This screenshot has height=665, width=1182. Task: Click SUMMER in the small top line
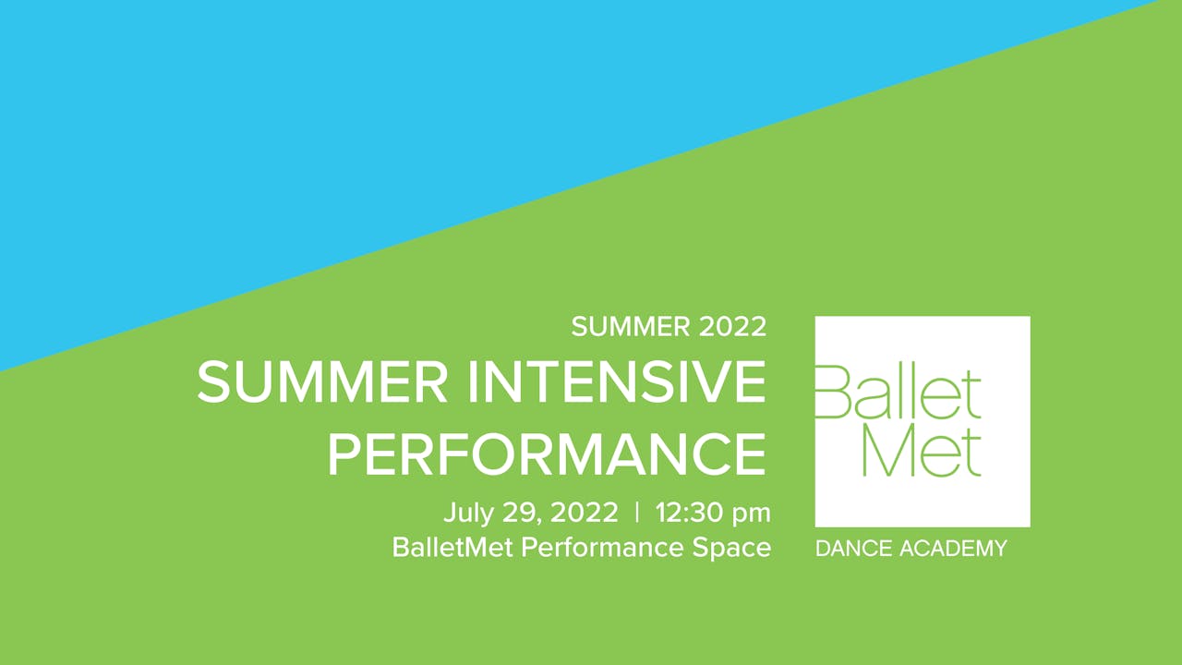(631, 327)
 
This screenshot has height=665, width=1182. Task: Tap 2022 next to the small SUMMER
(732, 327)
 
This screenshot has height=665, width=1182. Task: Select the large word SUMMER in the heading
(322, 381)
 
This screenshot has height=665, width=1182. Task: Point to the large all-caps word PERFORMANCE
(547, 454)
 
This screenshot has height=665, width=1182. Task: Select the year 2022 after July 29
(585, 513)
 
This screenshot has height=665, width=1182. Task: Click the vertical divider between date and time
(637, 512)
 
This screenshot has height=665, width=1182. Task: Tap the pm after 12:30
(751, 515)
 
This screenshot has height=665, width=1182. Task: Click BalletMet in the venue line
(452, 548)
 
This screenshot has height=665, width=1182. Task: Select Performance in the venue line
(602, 548)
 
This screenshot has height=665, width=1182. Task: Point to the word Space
(731, 549)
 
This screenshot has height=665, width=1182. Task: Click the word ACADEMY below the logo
(953, 549)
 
